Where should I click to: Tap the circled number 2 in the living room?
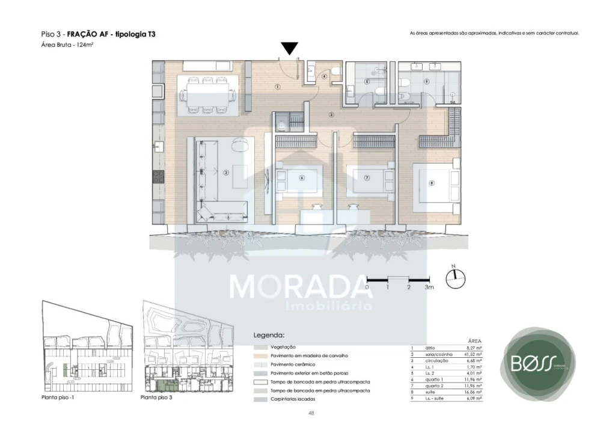(226, 173)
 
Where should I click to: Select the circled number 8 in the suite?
(431, 183)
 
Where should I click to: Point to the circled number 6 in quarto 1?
(302, 177)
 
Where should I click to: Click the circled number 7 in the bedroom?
(366, 177)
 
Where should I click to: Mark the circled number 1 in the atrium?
(277, 87)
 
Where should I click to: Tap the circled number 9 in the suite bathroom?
(426, 81)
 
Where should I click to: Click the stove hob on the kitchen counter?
(158, 177)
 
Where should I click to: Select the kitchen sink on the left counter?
(158, 146)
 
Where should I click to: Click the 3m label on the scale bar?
(429, 287)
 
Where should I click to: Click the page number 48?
(310, 413)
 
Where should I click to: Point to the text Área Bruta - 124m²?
(67, 45)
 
